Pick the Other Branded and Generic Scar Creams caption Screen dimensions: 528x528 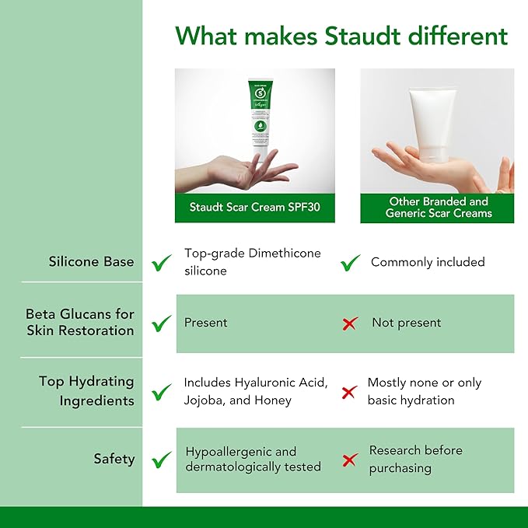438,207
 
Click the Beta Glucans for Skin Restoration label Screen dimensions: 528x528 80,322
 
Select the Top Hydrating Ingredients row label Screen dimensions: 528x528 86,391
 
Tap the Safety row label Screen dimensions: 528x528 114,459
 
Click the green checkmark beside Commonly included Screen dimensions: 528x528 351,263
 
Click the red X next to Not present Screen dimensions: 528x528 350,323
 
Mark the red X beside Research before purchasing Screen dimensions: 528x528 350,460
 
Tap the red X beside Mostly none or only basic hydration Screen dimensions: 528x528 350,392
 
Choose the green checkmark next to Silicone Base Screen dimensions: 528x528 162,263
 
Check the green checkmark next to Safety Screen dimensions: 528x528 162,460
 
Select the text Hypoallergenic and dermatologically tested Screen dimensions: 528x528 253,459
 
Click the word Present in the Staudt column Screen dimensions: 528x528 206,322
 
